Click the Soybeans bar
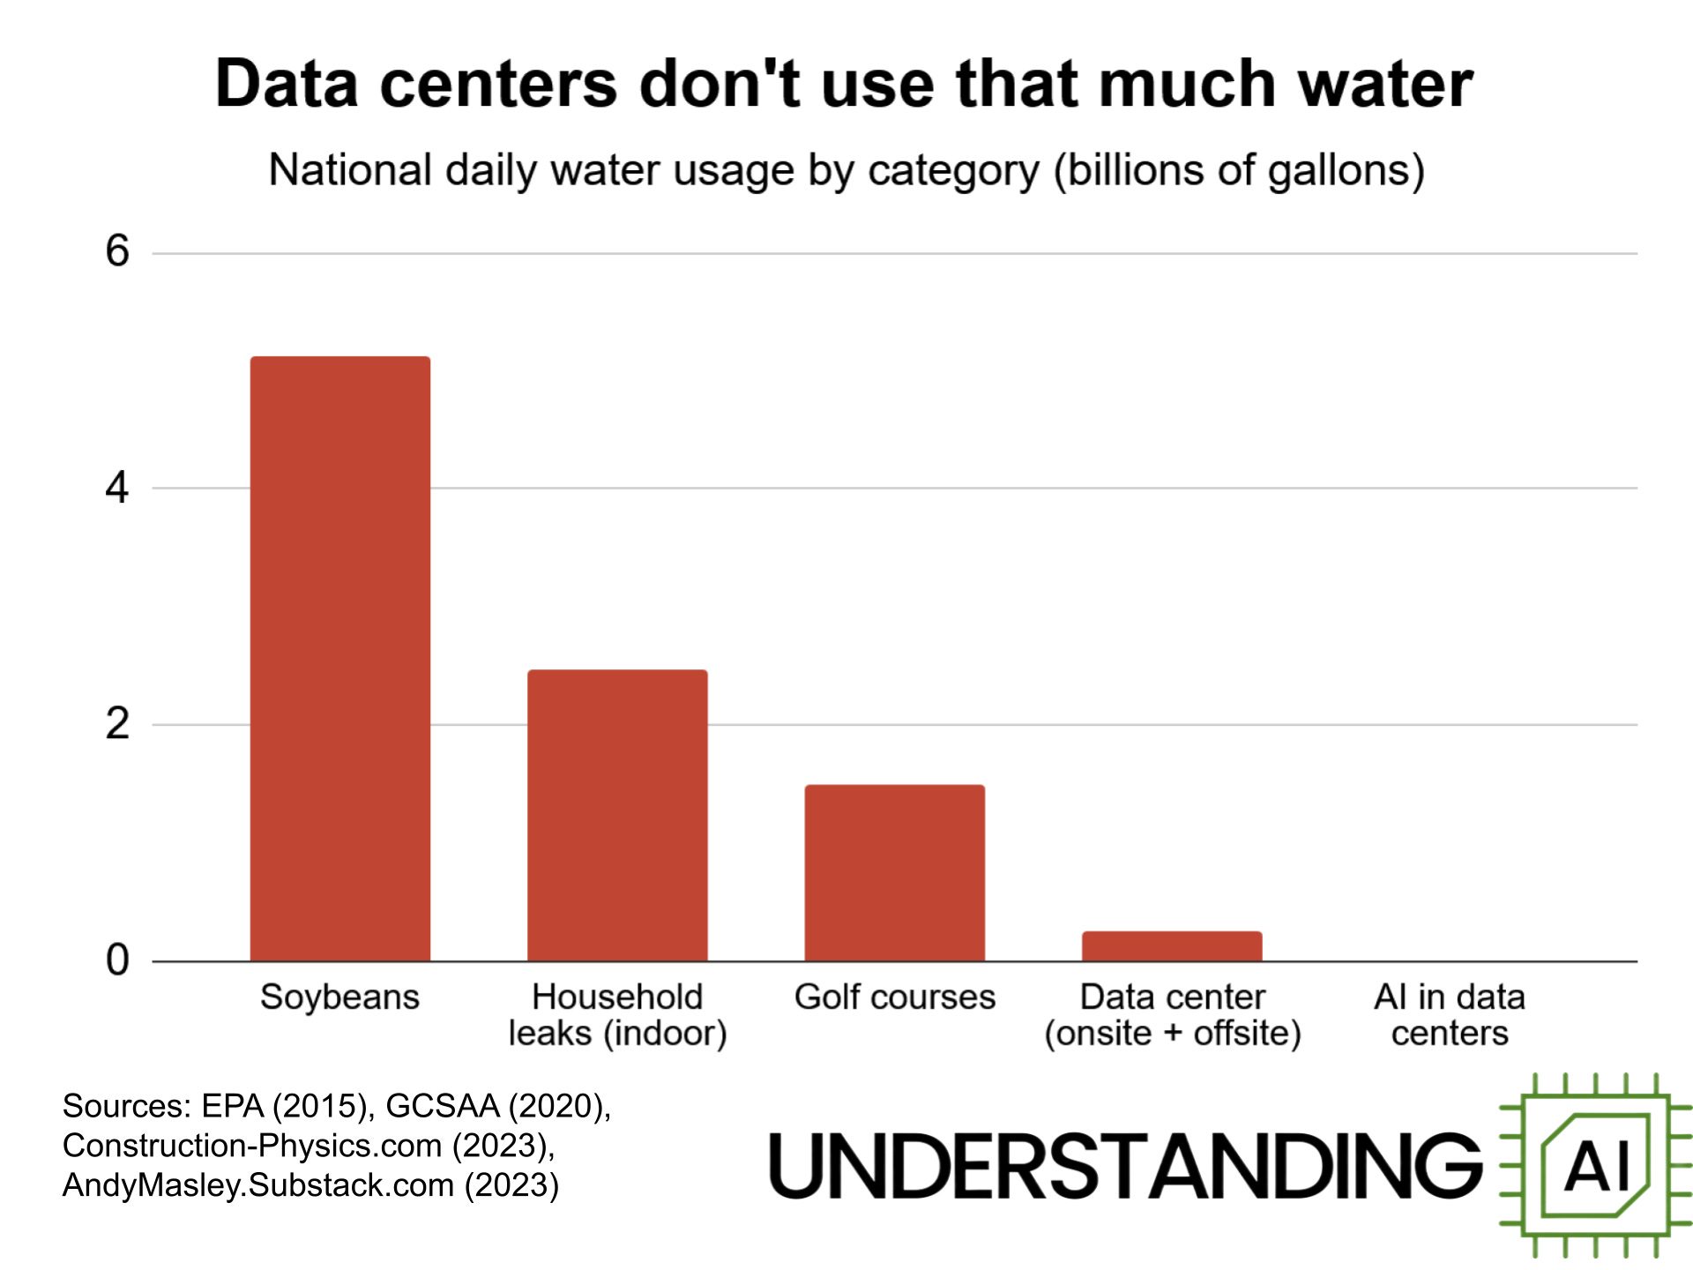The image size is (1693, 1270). [x=340, y=658]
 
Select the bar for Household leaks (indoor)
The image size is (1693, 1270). [x=617, y=815]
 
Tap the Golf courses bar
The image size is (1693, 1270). [x=894, y=872]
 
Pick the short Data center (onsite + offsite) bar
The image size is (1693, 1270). [x=1172, y=946]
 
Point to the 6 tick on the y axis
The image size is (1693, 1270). [x=117, y=252]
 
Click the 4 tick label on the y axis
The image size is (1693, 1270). [x=117, y=488]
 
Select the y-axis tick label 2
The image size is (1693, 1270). [x=117, y=724]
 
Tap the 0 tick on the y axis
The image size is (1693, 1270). [x=117, y=960]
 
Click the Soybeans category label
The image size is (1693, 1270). [x=340, y=997]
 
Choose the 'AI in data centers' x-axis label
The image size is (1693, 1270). [x=1450, y=1014]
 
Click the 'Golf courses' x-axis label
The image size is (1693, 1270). [x=894, y=997]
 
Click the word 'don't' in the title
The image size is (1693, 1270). [x=719, y=85]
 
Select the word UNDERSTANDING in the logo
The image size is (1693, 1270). [x=1126, y=1166]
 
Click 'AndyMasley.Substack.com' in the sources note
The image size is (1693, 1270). [x=257, y=1185]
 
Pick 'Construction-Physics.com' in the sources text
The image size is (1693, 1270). [x=251, y=1146]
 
